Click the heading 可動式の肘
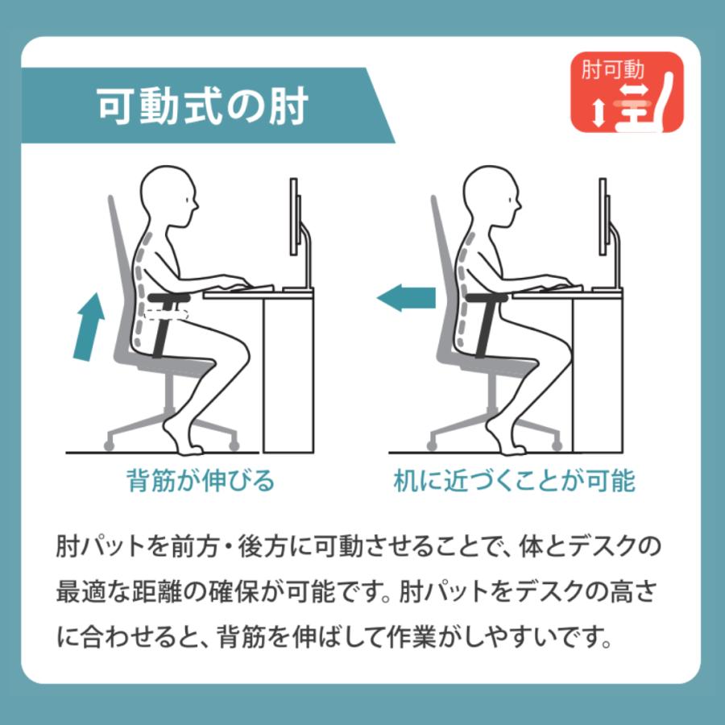[202, 107]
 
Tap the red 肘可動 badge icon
[627, 93]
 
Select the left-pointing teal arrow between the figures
[407, 299]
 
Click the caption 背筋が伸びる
[201, 481]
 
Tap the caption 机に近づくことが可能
[514, 481]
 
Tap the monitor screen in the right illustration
[602, 218]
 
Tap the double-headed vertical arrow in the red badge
[597, 113]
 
